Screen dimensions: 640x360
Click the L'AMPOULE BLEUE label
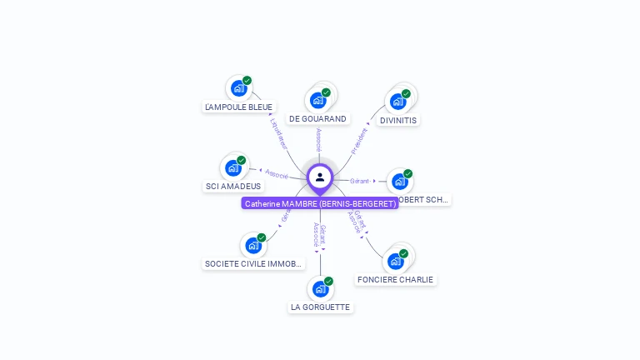[x=238, y=107]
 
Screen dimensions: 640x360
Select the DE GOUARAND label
[x=317, y=119]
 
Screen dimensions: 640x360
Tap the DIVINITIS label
[x=397, y=120]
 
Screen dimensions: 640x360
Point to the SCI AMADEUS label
[x=233, y=187]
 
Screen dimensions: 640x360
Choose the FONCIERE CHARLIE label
[x=395, y=279]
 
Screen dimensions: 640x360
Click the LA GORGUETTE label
[x=320, y=307]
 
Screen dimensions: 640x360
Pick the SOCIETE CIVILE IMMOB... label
[x=253, y=263]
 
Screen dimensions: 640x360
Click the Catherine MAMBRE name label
[x=320, y=203]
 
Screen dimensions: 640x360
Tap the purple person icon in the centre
[x=320, y=177]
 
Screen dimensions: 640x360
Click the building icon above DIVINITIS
[x=397, y=102]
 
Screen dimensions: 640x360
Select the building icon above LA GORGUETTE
[x=320, y=289]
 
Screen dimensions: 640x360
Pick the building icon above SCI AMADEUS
[x=233, y=168]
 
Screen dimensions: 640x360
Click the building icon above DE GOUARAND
[x=317, y=100]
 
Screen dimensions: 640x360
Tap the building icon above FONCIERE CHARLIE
[x=395, y=261]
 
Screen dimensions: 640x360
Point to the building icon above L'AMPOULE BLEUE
[x=238, y=88]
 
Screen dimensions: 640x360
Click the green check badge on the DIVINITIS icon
[x=406, y=93]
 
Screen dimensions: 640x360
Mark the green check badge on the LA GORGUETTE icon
[x=328, y=281]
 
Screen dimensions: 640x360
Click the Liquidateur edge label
[x=279, y=132]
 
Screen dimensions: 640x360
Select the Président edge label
[x=359, y=141]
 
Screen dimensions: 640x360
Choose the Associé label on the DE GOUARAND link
[x=318, y=140]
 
